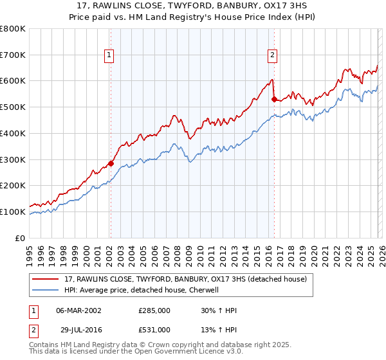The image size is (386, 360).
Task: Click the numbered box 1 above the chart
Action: pos(110,56)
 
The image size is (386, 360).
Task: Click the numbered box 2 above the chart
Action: pos(273,56)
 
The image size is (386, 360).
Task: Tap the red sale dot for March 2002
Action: pos(111,163)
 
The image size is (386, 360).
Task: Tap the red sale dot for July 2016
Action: pos(274,99)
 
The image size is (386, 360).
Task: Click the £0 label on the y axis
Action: pos(19,238)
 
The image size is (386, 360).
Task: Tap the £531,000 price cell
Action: pos(154,330)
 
